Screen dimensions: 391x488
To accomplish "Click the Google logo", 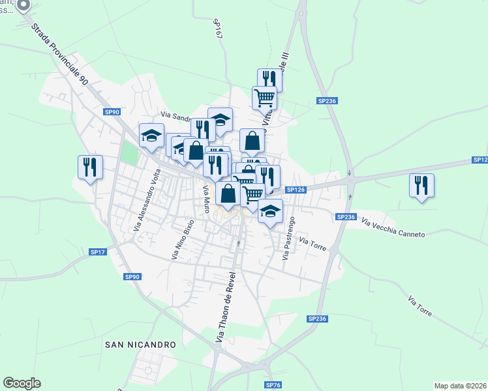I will (x=22, y=383).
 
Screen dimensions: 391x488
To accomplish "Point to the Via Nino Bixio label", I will (x=183, y=240).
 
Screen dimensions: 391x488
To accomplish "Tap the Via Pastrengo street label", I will (x=288, y=239).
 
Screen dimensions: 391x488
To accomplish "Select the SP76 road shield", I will (x=273, y=385).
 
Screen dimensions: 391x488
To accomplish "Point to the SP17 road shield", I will (x=98, y=252).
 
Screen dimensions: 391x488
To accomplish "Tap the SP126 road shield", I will (x=296, y=190).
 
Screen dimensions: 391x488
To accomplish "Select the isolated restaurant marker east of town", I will (x=421, y=185).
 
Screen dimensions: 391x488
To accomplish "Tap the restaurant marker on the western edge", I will (x=90, y=167).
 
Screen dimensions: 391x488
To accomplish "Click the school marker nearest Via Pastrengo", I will (x=270, y=211).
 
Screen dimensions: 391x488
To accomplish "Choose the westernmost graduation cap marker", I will (x=151, y=136).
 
